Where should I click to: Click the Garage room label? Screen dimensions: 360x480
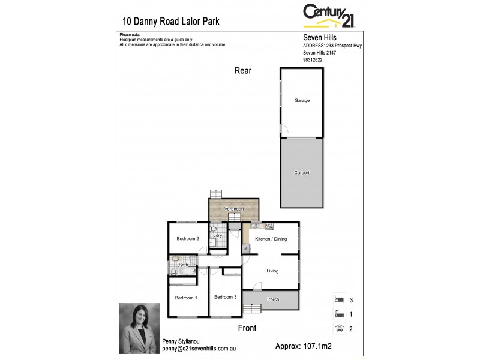[302, 100]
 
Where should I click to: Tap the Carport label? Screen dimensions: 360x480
[302, 173]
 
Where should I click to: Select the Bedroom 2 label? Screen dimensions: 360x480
[187, 239]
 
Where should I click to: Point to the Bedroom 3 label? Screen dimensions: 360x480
[226, 296]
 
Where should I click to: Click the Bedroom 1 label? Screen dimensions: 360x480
[186, 298]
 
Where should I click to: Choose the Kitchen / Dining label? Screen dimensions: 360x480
[271, 239]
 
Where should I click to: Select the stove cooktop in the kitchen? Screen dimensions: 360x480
[269, 226]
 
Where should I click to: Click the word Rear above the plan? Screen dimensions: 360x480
[243, 71]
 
